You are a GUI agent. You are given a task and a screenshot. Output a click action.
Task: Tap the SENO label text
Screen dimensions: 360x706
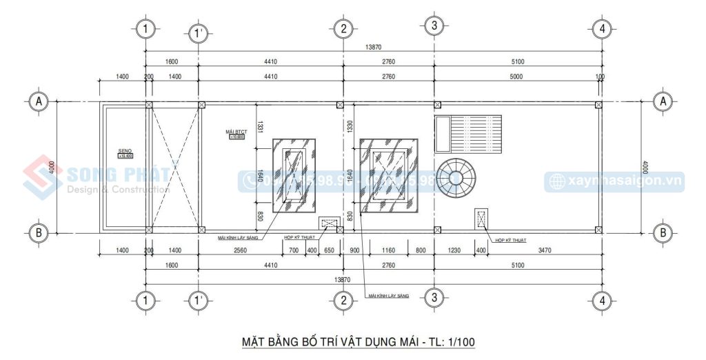(125, 150)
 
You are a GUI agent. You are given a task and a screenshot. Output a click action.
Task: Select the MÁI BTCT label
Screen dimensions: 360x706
(236, 131)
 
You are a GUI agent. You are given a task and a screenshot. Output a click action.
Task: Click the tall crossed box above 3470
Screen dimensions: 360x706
(481, 219)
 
